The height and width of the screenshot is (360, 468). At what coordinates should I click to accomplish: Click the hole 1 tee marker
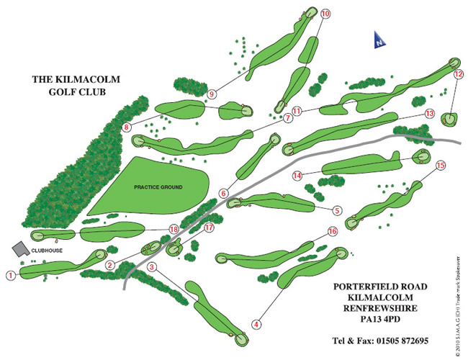pos(11,275)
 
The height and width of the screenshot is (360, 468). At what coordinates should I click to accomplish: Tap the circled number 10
pos(325,14)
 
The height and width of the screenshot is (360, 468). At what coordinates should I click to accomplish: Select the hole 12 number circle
pos(459,74)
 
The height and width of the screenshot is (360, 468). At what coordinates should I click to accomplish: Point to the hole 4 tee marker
pos(257,324)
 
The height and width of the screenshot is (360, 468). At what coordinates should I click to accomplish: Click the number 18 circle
pos(174,229)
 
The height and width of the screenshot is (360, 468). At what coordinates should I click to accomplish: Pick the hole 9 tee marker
pos(212,94)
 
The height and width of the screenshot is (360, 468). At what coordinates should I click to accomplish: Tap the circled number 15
pos(441,165)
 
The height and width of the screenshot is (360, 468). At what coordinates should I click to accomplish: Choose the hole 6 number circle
pos(223,194)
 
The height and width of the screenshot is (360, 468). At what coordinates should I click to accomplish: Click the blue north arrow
pos(379,40)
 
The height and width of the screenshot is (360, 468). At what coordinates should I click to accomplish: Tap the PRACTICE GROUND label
pos(158,187)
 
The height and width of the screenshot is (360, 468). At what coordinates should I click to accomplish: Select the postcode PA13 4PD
pos(380,319)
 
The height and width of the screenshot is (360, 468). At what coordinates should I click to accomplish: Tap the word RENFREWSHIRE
pos(380,308)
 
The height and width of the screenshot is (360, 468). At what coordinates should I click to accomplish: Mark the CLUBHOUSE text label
pos(47,251)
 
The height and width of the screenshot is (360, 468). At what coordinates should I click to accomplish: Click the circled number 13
pos(429,114)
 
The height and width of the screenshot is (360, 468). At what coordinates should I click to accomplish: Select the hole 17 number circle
pos(210,228)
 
